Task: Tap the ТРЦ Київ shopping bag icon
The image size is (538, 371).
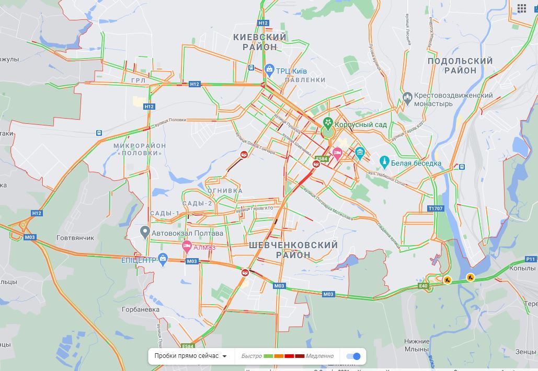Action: click(x=269, y=68)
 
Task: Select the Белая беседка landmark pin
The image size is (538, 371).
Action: click(x=384, y=160)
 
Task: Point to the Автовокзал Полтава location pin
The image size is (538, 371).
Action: click(x=145, y=231)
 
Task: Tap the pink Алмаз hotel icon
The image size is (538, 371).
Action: click(x=186, y=246)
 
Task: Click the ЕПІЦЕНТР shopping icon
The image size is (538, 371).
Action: click(x=163, y=258)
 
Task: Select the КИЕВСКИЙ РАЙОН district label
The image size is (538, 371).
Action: click(x=260, y=42)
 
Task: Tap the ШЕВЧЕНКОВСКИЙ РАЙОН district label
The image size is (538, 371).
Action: click(x=293, y=250)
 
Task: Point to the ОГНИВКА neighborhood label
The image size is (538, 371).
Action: click(x=225, y=191)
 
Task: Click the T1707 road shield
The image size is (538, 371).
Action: click(x=435, y=208)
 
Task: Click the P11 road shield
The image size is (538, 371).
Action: click(x=531, y=259)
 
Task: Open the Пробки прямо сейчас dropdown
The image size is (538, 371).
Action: click(x=190, y=356)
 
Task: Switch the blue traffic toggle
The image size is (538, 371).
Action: click(x=353, y=356)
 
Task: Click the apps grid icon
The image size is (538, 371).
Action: click(x=522, y=8)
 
